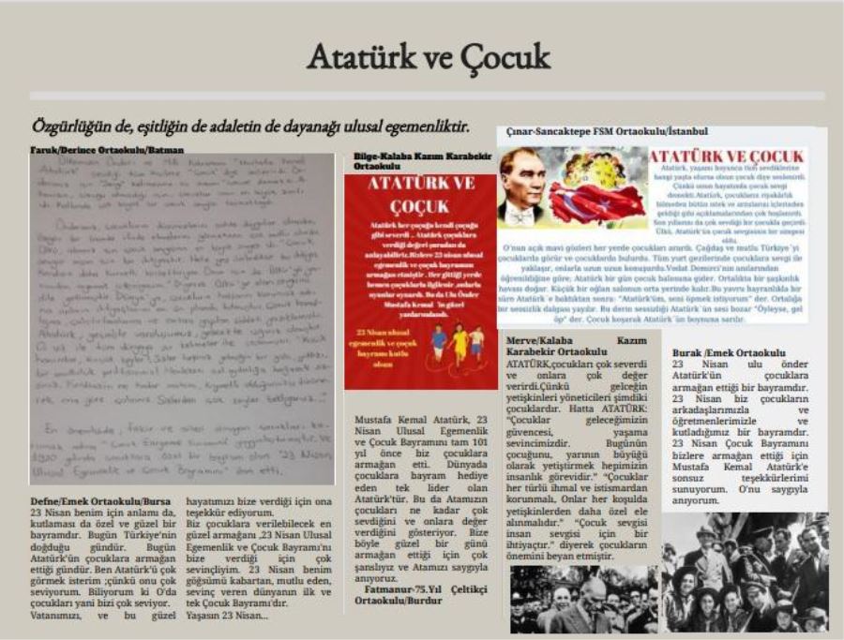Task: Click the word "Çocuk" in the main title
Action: (505, 57)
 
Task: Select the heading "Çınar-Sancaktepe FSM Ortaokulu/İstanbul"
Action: (607, 131)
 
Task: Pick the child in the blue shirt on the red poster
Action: (440, 344)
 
